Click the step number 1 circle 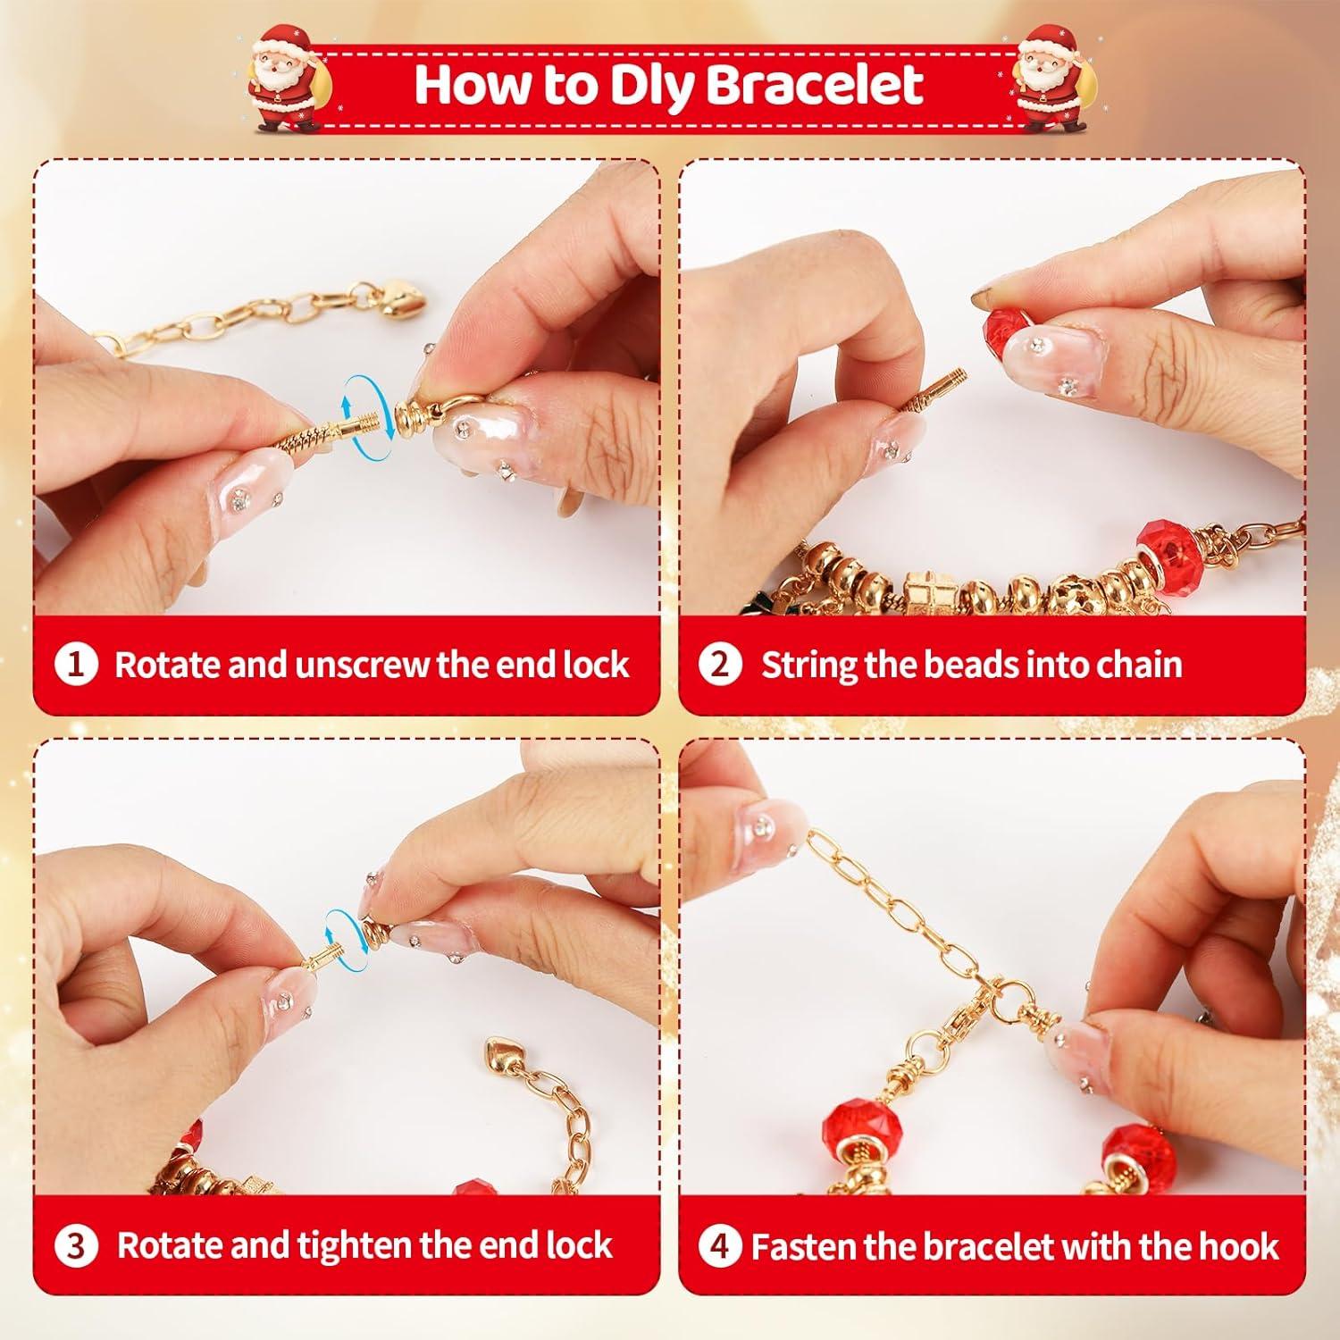77,665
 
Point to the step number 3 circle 77,1244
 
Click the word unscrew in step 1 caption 362,666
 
